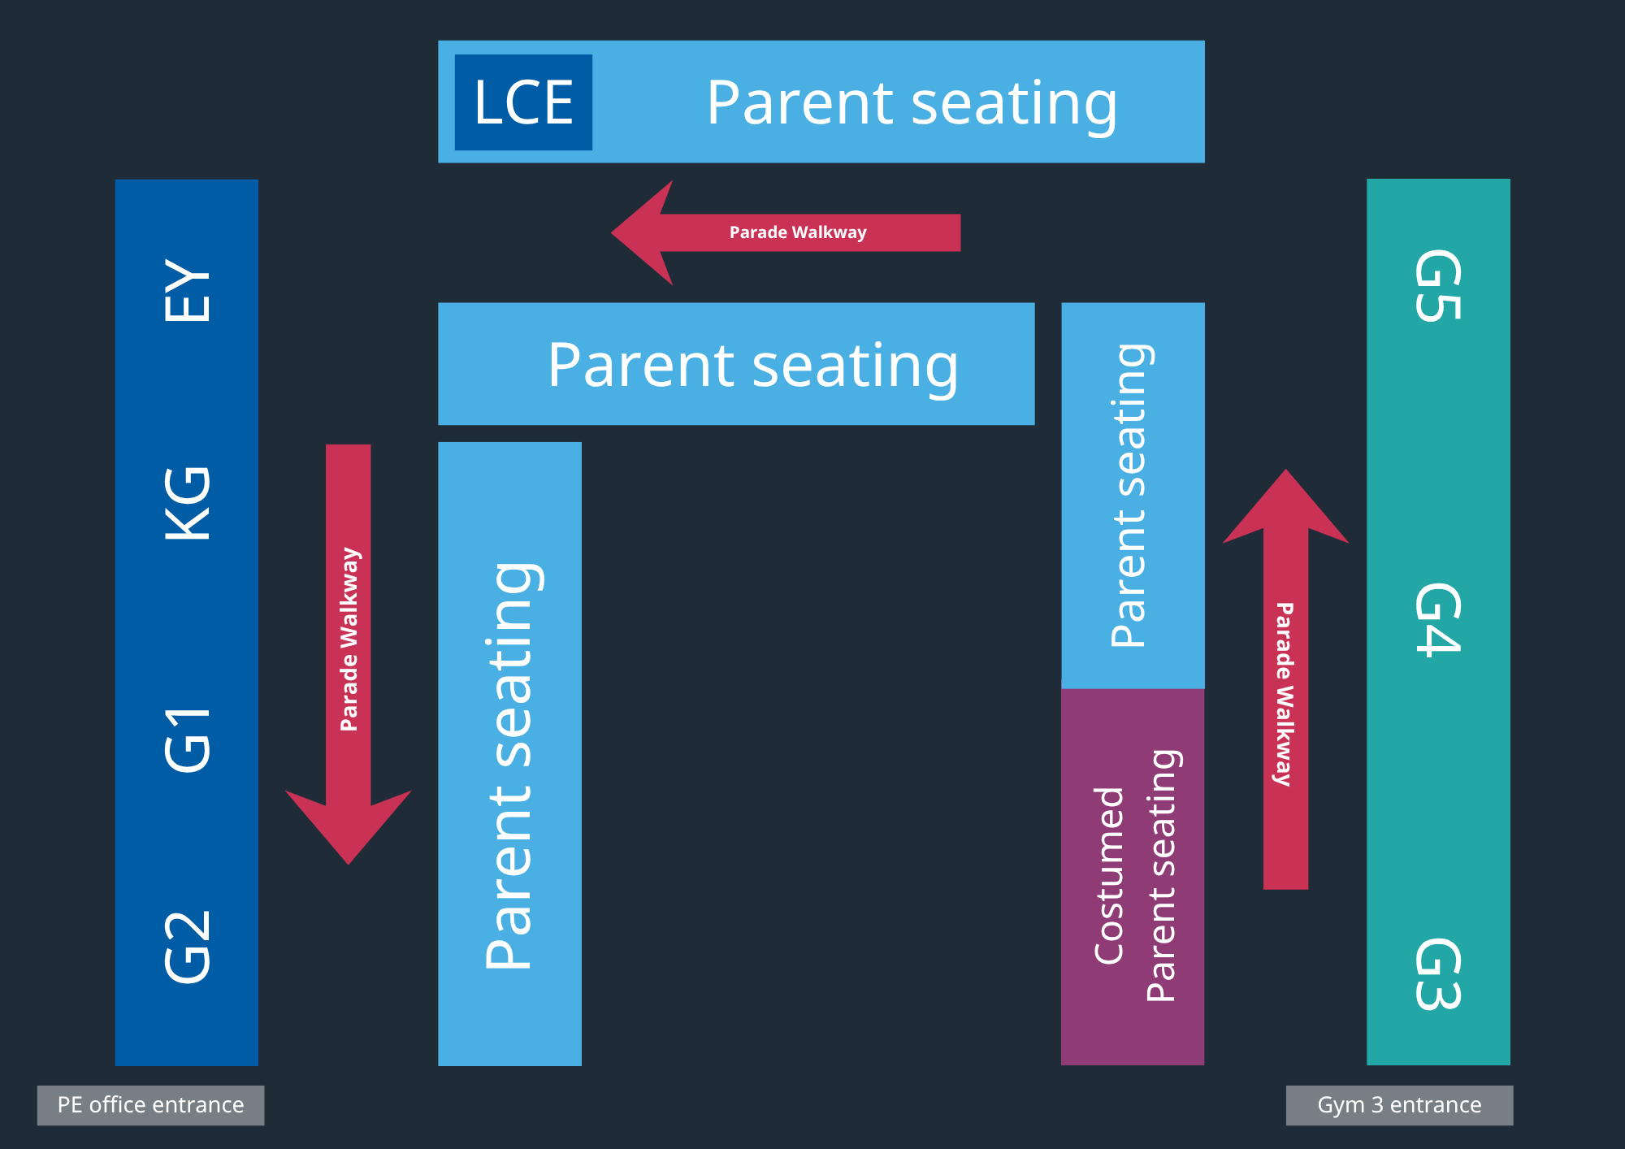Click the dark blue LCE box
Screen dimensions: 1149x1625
523,102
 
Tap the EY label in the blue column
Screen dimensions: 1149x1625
188,291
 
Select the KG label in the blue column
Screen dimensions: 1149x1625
188,503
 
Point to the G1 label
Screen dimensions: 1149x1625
188,739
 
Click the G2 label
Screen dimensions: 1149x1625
188,947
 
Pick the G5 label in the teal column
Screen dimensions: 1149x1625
1438,286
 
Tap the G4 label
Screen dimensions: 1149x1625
1438,619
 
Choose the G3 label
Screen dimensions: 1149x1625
1438,973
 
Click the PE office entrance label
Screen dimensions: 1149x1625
150,1105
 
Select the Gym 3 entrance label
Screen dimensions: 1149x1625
1399,1105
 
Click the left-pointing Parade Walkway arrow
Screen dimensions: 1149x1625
796,232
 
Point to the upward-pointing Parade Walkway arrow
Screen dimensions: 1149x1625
1285,691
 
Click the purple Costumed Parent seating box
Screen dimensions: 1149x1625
1133,876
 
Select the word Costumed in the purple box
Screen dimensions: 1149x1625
1109,876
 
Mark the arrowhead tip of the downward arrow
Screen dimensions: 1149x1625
349,861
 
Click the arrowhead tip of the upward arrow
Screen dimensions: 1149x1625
1285,472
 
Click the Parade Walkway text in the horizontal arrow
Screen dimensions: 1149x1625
798,232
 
